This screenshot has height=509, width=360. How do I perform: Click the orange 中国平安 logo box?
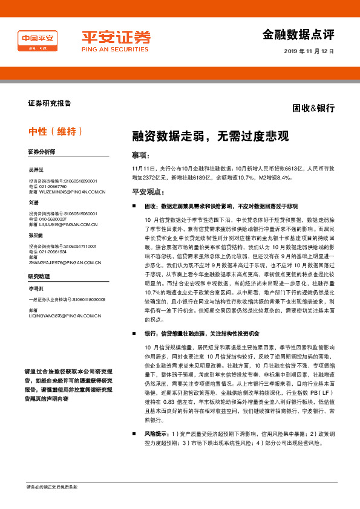click(38, 41)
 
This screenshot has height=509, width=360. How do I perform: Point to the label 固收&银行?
click(313, 108)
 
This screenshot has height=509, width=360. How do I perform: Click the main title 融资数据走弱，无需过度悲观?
click(211, 135)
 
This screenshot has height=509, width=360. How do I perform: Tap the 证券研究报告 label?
click(49, 103)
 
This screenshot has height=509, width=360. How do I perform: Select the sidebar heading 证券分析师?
click(41, 151)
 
